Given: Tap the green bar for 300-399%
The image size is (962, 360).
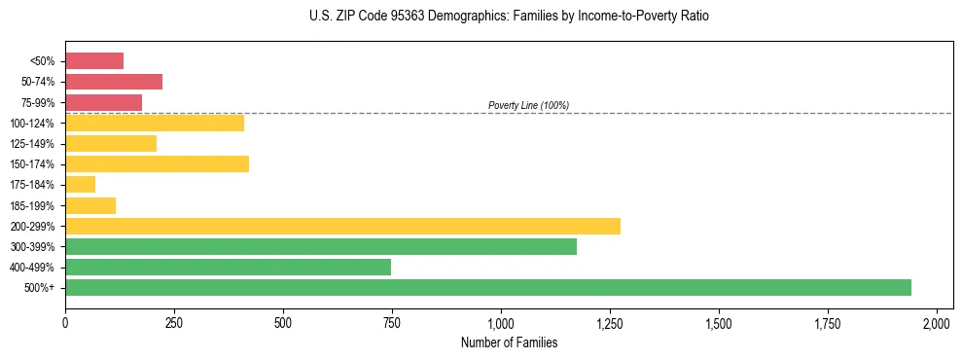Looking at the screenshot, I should pyautogui.click(x=321, y=246).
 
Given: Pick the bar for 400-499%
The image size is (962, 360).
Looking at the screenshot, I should pyautogui.click(x=228, y=267).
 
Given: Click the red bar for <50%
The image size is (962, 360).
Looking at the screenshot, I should pyautogui.click(x=94, y=61).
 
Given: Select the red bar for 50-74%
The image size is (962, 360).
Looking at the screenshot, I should pyautogui.click(x=114, y=82).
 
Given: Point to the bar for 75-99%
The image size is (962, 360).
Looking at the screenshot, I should pyautogui.click(x=103, y=102).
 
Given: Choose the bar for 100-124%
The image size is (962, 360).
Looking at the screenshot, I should pyautogui.click(x=155, y=123).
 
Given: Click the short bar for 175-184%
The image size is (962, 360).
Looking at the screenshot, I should pyautogui.click(x=80, y=184).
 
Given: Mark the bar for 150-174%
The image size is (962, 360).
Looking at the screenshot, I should pyautogui.click(x=157, y=163).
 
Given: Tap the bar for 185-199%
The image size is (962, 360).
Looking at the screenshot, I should pyautogui.click(x=90, y=205).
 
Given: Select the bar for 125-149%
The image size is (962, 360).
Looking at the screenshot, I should pyautogui.click(x=111, y=143).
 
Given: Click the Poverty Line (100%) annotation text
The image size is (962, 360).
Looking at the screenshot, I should pyautogui.click(x=528, y=105).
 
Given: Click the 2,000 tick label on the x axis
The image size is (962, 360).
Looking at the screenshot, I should pyautogui.click(x=937, y=322).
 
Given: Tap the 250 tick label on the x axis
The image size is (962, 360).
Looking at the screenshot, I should pyautogui.click(x=174, y=322).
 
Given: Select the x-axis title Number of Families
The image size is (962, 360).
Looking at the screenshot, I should pyautogui.click(x=509, y=342).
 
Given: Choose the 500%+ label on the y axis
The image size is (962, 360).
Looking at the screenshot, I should pyautogui.click(x=41, y=287).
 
